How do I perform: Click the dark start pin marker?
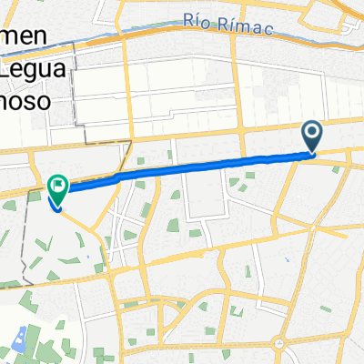click(312, 136)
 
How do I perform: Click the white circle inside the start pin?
click(312, 134)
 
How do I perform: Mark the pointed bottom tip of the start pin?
click(312, 153)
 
